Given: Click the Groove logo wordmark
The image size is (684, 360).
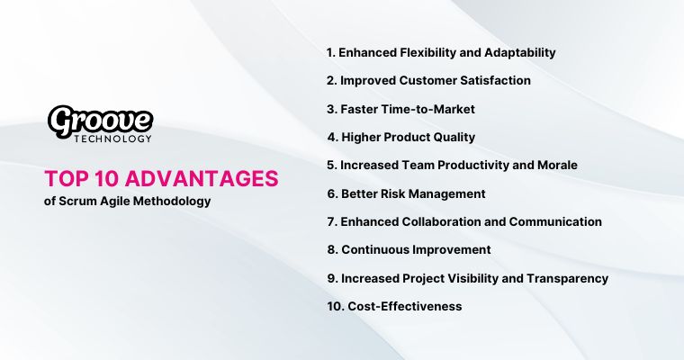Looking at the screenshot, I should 100,121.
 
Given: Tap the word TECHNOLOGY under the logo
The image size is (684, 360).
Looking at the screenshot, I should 112,139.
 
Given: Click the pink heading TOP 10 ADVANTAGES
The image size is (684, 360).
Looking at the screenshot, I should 161,178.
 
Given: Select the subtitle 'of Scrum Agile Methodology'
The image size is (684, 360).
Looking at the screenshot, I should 127,201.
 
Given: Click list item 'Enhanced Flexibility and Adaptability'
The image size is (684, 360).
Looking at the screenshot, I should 441,52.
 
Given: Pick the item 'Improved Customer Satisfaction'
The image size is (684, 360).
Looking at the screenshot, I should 428,80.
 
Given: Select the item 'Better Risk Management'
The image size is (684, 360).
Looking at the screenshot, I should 406,193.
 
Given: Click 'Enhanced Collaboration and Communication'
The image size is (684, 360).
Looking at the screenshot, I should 463,221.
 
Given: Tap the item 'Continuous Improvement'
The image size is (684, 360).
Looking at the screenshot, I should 409,249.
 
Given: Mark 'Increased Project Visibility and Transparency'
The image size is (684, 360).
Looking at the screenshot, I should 467,278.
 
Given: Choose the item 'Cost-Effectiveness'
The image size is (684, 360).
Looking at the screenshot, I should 394,306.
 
